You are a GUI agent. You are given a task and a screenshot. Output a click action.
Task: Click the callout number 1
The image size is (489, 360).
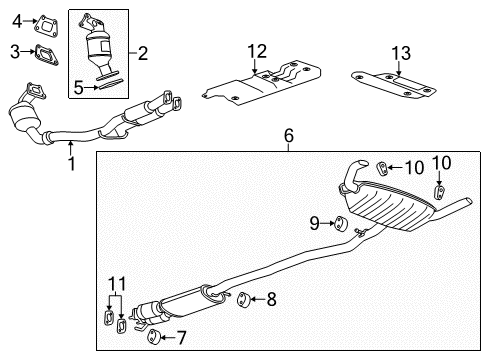(71, 159)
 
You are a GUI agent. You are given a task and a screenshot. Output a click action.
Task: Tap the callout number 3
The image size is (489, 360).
(14, 49)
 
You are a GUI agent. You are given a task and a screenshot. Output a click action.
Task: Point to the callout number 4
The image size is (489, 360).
(14, 17)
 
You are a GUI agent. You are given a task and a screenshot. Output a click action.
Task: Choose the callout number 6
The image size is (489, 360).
(288, 135)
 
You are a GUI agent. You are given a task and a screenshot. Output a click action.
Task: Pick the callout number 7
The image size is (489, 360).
(181, 337)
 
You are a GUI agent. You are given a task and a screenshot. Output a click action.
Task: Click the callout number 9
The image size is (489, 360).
(314, 223)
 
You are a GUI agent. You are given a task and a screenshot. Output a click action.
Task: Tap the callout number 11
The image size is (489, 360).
(112, 283)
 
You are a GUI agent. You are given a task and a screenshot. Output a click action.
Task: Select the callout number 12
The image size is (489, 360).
(256, 50)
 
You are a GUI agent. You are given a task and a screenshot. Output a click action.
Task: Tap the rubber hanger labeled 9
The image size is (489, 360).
(339, 223)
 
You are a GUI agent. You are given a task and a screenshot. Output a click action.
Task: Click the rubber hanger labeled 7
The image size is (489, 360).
(156, 335)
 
